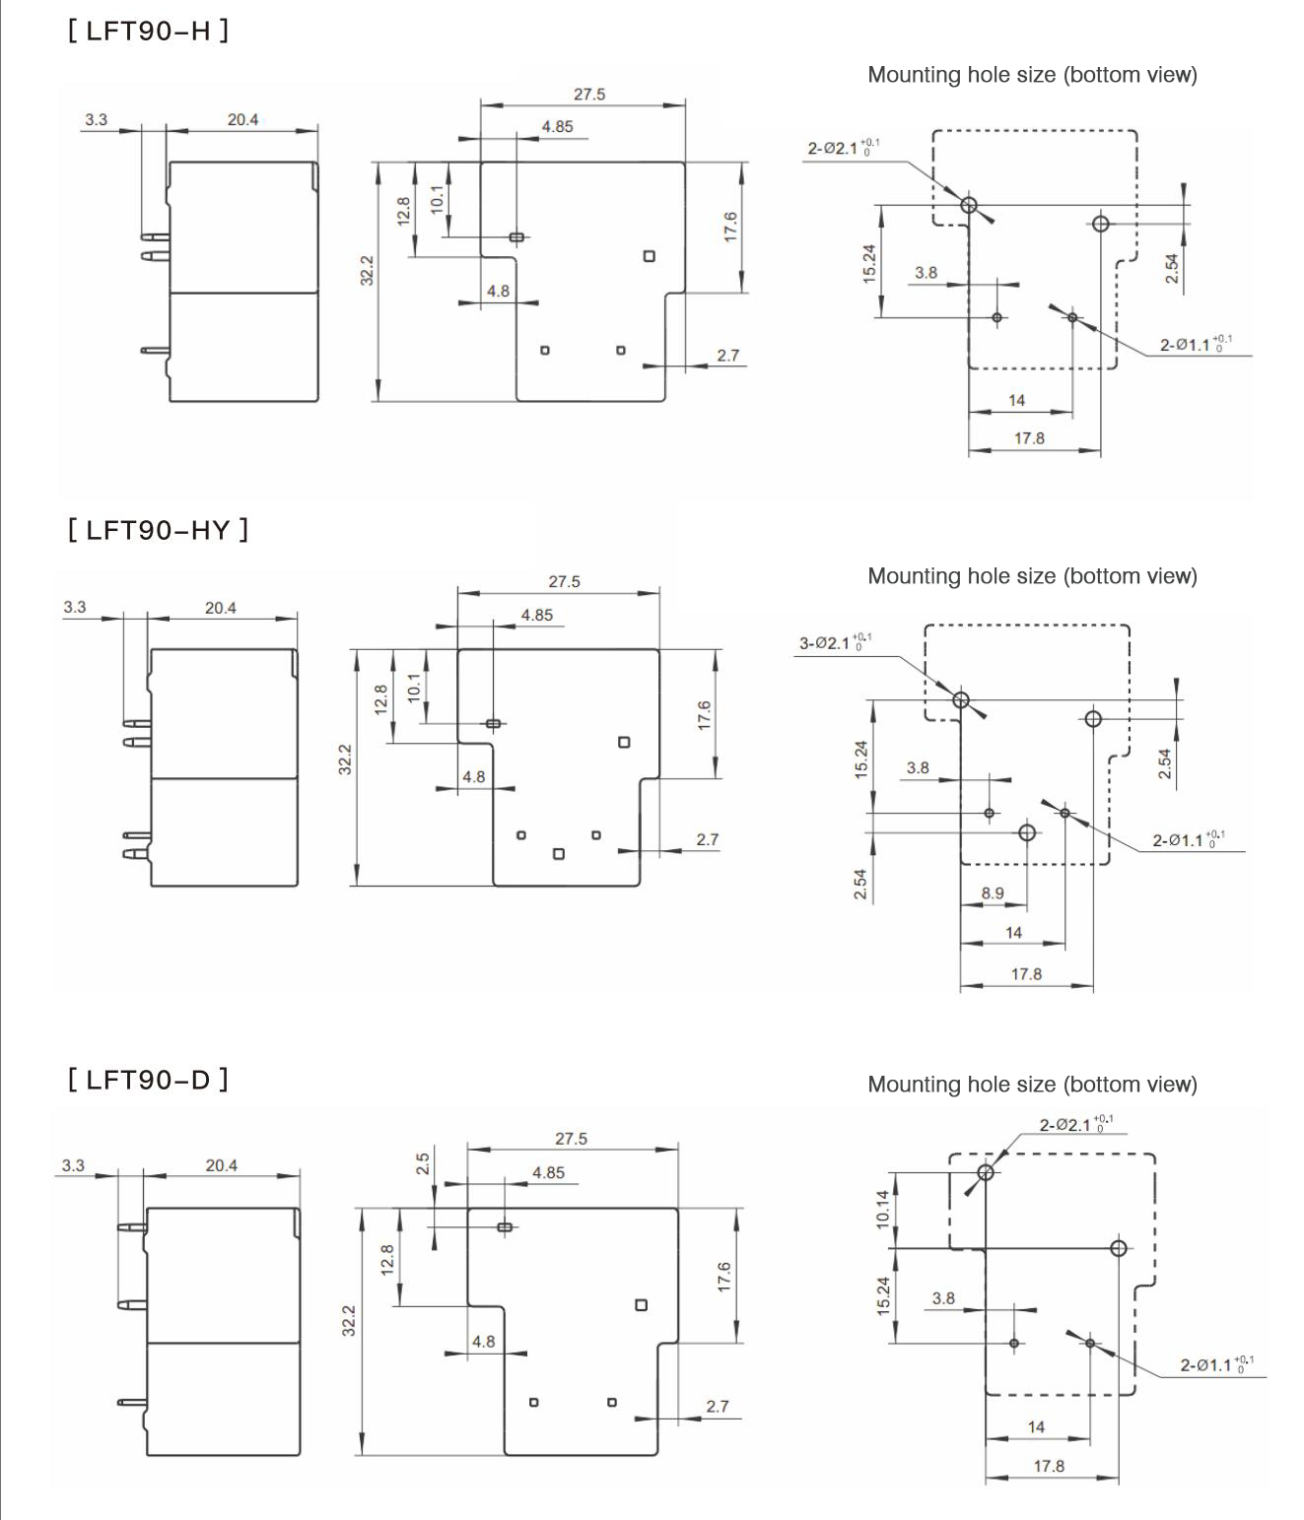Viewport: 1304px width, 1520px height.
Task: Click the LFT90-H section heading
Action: [148, 31]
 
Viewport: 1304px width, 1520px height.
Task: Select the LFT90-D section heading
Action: [148, 1080]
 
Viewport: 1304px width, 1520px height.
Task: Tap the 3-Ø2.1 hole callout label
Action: [835, 642]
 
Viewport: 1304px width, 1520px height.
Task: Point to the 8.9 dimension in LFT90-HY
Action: [992, 892]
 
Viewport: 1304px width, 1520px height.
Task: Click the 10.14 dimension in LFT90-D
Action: [883, 1209]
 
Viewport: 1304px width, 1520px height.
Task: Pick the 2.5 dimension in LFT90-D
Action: [423, 1163]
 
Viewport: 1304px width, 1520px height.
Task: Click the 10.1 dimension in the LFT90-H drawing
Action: [437, 199]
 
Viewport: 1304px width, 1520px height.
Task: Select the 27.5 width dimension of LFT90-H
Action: [589, 95]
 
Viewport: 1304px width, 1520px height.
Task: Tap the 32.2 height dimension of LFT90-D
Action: [349, 1320]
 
